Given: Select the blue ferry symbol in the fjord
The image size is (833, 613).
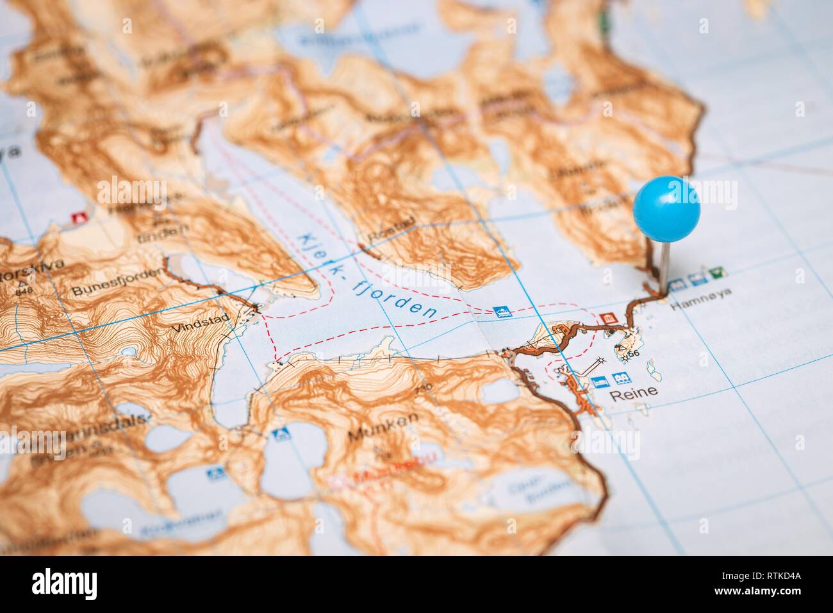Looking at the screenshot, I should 502,312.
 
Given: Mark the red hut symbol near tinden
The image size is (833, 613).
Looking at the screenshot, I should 80,217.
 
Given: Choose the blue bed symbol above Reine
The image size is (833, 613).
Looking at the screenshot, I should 600,380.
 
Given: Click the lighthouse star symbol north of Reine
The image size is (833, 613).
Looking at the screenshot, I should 601,362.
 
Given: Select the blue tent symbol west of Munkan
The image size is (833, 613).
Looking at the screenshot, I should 278,433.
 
